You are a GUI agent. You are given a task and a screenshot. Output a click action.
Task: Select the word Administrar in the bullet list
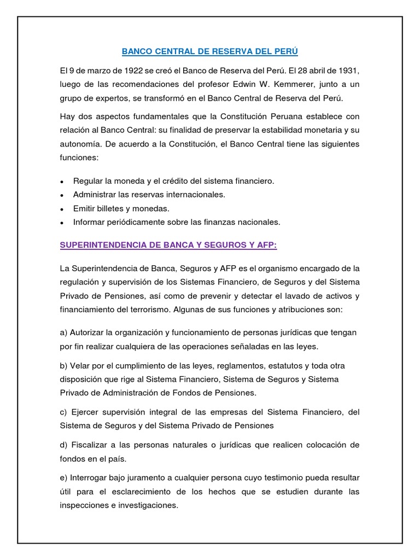(95, 194)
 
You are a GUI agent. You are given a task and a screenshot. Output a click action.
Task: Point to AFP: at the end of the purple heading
(265, 246)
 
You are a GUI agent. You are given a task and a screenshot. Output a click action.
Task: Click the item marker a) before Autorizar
(63, 332)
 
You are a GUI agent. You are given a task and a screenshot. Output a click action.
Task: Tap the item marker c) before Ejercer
(63, 412)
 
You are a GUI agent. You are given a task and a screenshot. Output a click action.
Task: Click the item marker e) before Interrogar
(63, 477)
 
